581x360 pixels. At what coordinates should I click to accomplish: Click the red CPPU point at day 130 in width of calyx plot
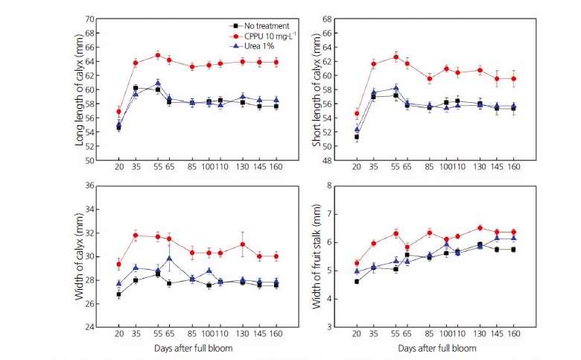click(243, 244)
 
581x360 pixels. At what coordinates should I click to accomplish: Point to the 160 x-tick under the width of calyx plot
click(276, 334)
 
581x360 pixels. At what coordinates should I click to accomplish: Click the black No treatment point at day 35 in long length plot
click(136, 88)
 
